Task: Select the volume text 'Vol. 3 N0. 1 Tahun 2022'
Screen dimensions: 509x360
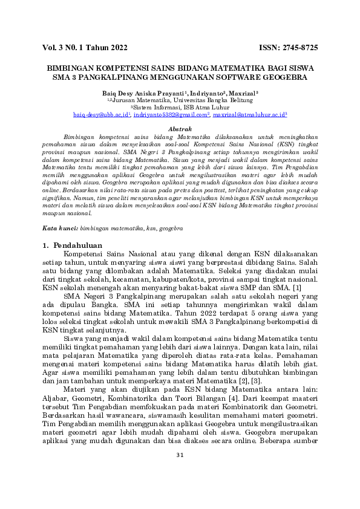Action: pos(85,47)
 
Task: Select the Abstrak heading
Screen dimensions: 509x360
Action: pos(180,129)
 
